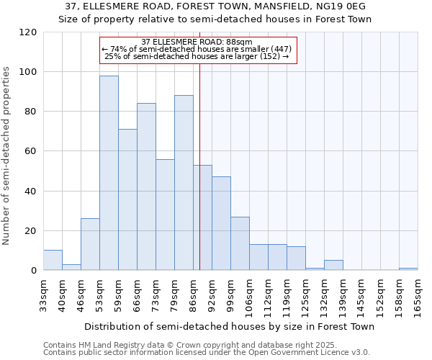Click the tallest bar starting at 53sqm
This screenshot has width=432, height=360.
click(109, 173)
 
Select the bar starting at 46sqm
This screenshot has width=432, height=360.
click(90, 244)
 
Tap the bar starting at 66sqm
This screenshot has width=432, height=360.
click(146, 186)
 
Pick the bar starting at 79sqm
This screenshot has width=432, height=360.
click(184, 183)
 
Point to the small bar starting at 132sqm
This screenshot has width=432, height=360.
click(333, 265)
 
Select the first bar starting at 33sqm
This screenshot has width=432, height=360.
click(53, 260)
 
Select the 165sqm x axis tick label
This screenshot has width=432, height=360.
click(418, 295)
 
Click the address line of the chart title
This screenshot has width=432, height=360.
click(215, 6)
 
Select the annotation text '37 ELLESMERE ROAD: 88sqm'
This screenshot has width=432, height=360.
click(197, 42)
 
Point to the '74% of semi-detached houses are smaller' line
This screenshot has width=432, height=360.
click(197, 49)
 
